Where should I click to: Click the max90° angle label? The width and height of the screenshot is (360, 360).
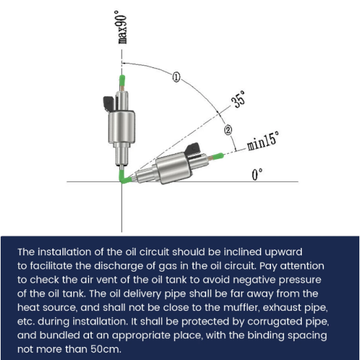coord(122,27)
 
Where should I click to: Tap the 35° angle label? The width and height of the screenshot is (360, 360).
coord(238,99)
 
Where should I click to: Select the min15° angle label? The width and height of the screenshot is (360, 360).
coord(263,141)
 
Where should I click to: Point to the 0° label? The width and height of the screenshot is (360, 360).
coord(257,175)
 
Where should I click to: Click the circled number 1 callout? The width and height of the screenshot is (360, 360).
coord(176,77)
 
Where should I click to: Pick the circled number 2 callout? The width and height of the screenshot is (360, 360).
coord(228,130)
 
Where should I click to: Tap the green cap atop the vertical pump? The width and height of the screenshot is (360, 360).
coord(122,80)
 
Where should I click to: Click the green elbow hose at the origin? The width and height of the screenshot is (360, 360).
coord(124,177)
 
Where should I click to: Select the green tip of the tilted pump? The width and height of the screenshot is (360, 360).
coord(218,156)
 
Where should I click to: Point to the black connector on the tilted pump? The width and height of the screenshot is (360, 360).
coord(192,149)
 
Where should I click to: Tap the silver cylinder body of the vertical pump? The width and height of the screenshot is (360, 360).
coord(122,127)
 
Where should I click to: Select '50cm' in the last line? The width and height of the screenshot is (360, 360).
coord(106,350)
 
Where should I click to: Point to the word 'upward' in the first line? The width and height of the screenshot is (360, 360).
coord(283,252)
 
